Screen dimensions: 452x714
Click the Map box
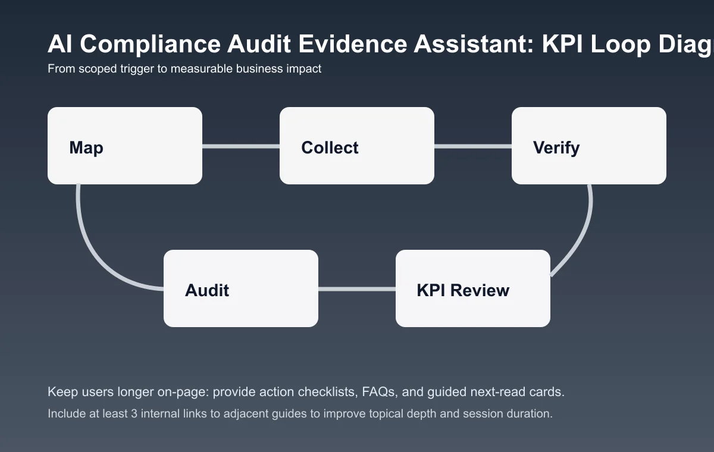click(125, 146)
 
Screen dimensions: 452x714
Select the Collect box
click(357, 146)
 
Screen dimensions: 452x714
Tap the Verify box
click(589, 146)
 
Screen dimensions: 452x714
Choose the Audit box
click(241, 288)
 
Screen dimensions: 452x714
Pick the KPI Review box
click(473, 288)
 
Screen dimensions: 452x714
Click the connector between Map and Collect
click(241, 146)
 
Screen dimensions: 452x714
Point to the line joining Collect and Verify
click(473, 146)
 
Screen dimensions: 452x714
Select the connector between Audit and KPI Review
click(357, 289)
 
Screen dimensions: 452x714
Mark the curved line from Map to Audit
click(89, 250)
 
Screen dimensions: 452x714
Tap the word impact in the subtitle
click(304, 69)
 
